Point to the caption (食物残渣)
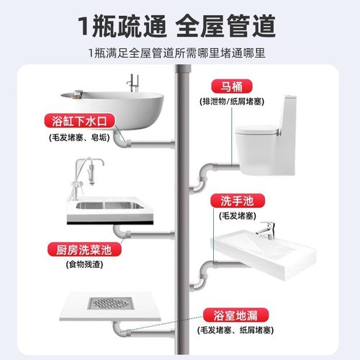tap(81, 266)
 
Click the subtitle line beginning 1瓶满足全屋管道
tap(180, 53)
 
